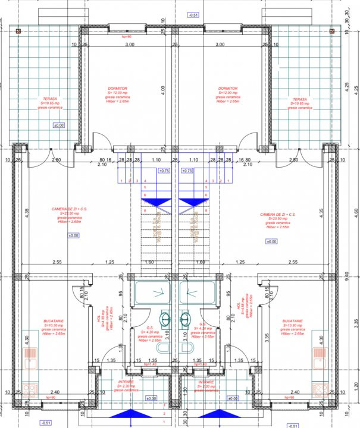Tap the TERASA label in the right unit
pyautogui.click(x=300, y=99)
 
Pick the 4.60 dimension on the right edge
pyautogui.click(x=355, y=211)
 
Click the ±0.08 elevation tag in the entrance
pyautogui.click(x=233, y=398)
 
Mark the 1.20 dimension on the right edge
pyautogui.click(x=355, y=385)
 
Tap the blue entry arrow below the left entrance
pyautogui.click(x=127, y=414)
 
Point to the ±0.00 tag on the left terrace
pyautogui.click(x=59, y=125)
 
